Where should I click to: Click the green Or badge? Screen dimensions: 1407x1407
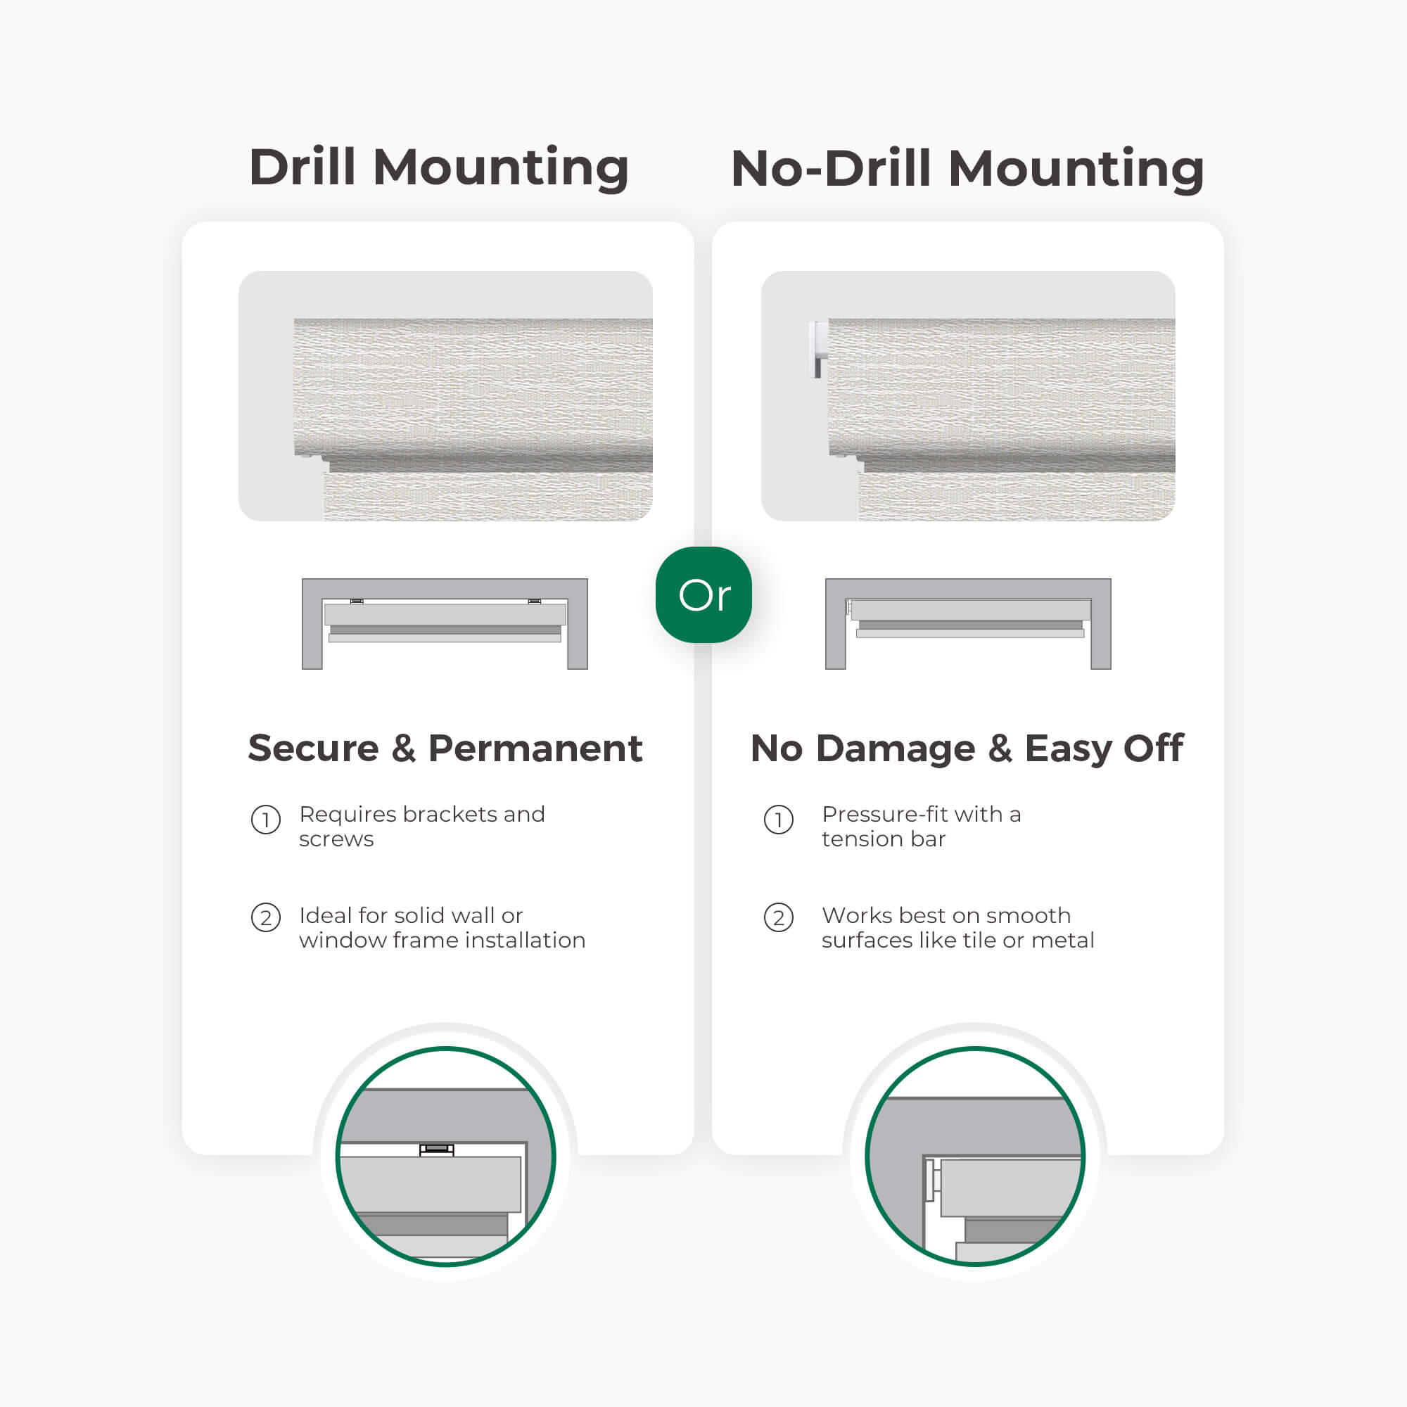[x=703, y=594]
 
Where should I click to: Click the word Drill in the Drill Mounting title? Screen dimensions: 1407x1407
[x=303, y=167]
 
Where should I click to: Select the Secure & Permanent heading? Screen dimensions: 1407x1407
[x=445, y=748]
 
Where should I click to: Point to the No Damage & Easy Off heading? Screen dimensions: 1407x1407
[x=967, y=748]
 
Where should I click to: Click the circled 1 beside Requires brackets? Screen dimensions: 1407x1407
[x=266, y=820]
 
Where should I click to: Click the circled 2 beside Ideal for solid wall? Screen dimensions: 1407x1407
[x=266, y=917]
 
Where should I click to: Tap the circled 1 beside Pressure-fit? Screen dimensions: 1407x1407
[x=779, y=820]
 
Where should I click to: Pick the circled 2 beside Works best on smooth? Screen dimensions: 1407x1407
[x=779, y=917]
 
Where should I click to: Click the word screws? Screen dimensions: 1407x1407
[x=336, y=839]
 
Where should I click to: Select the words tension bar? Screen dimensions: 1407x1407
[x=884, y=839]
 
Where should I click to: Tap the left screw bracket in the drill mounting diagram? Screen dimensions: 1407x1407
[x=357, y=601]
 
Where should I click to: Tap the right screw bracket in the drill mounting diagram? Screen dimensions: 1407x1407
[x=535, y=601]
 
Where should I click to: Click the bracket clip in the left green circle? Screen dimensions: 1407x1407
[x=436, y=1150]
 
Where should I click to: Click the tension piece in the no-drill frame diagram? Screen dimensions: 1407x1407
[x=848, y=606]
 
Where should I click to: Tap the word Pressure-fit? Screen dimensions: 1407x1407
[x=875, y=814]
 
